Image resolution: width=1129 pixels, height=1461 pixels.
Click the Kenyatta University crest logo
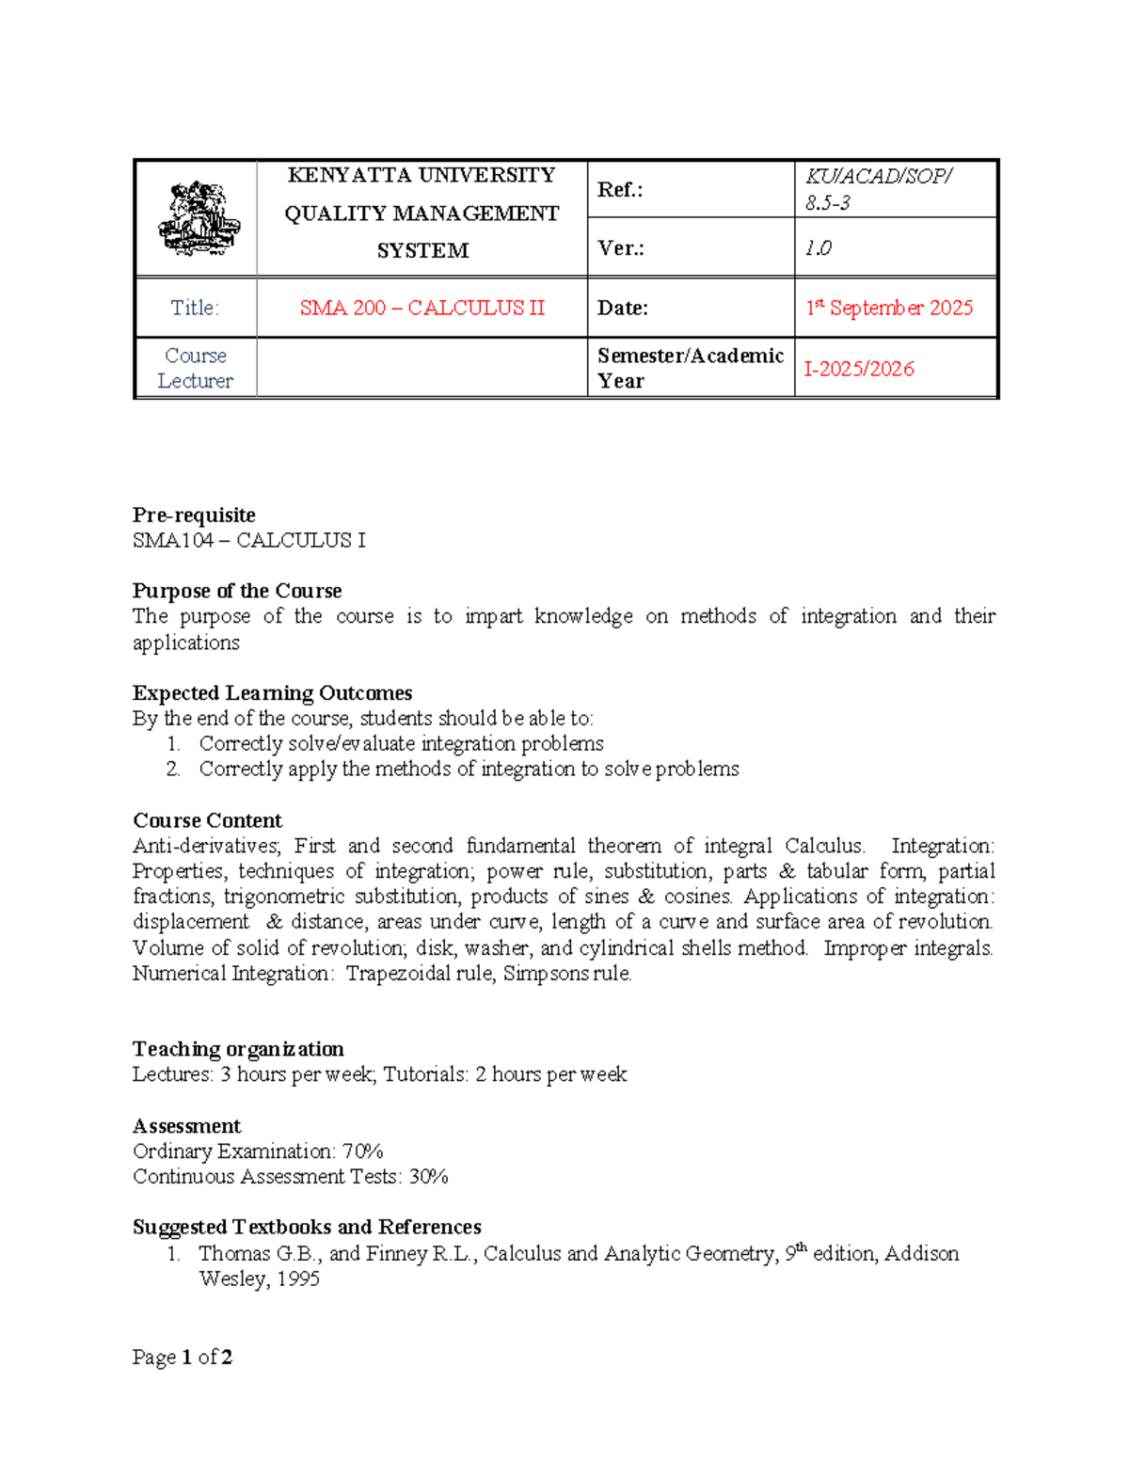[x=198, y=218]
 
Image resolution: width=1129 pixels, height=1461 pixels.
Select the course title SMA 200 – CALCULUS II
[x=421, y=308]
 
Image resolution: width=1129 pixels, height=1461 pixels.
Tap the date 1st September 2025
[x=889, y=308]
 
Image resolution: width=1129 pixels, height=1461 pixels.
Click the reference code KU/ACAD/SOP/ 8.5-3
[x=879, y=189]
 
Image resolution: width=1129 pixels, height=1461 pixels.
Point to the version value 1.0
[x=818, y=248]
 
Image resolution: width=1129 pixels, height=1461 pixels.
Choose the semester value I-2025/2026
[x=859, y=369]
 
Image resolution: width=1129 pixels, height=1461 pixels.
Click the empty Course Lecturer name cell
[x=421, y=368]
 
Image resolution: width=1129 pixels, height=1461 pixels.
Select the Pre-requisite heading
[x=194, y=515]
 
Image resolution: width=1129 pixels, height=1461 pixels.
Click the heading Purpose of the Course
[x=237, y=591]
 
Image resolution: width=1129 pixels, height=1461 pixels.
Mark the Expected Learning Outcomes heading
[x=272, y=692]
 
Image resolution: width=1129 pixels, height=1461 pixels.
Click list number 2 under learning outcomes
[x=173, y=769]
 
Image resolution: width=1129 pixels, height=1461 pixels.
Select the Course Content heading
[x=207, y=820]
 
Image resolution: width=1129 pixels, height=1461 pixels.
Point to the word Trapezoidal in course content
[x=398, y=973]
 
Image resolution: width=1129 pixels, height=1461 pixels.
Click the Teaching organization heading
[x=238, y=1049]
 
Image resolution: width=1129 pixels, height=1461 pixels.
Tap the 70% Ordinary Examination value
[x=362, y=1151]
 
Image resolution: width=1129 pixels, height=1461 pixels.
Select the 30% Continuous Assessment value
[x=428, y=1176]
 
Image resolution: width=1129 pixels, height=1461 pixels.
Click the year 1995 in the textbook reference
[x=297, y=1278]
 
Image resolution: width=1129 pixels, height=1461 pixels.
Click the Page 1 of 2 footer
[x=183, y=1357]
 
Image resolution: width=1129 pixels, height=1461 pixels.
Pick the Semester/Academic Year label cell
[x=690, y=368]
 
